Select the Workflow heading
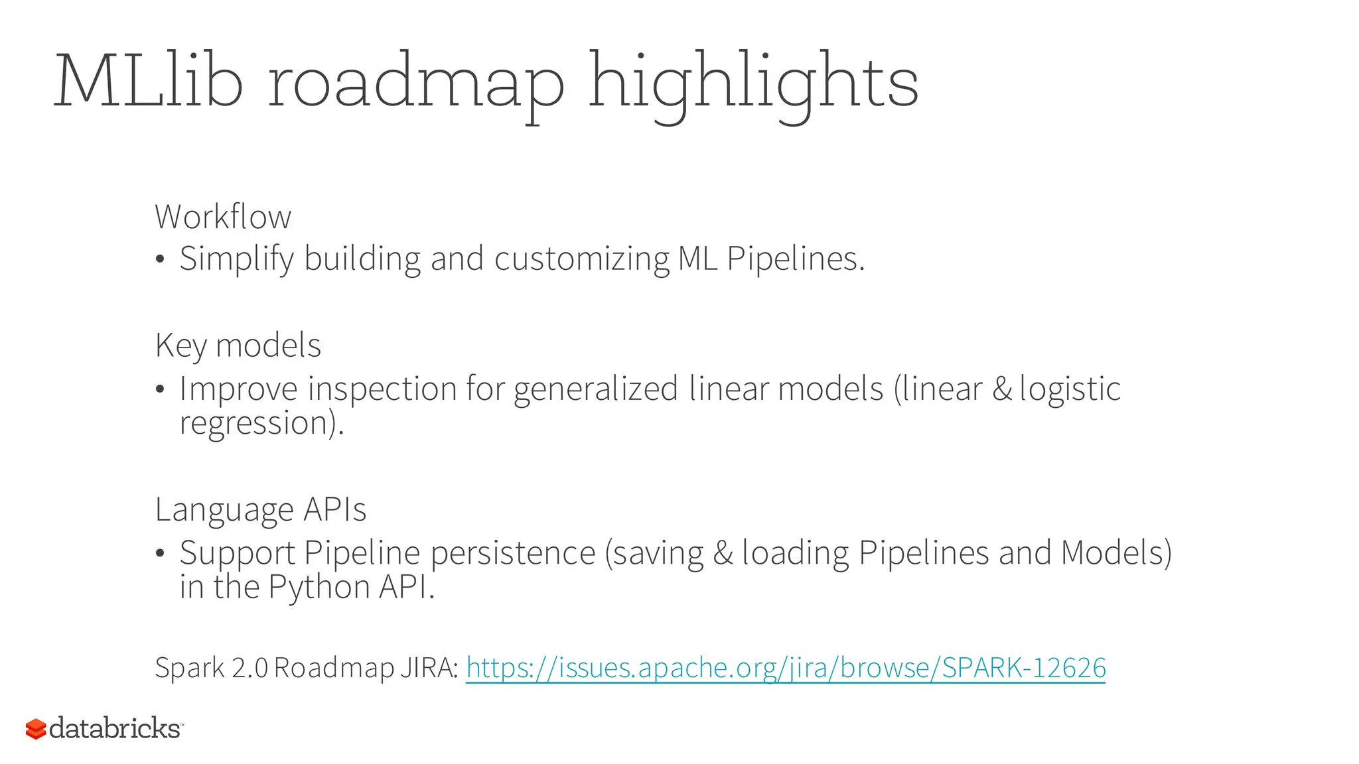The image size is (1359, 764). (223, 217)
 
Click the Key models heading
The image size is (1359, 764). (238, 346)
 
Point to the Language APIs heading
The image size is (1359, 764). (260, 510)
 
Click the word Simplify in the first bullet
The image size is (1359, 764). (236, 259)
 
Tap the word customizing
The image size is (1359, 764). (581, 259)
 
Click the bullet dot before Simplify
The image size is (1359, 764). (159, 259)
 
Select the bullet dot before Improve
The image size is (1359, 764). (159, 389)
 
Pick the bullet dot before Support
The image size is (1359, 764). (159, 553)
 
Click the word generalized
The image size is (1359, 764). (595, 389)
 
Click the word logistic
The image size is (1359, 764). (1070, 389)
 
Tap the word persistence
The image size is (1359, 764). (513, 553)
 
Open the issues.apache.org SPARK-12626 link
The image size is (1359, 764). (786, 668)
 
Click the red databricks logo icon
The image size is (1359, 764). (36, 729)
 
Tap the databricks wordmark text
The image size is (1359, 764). (114, 728)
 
